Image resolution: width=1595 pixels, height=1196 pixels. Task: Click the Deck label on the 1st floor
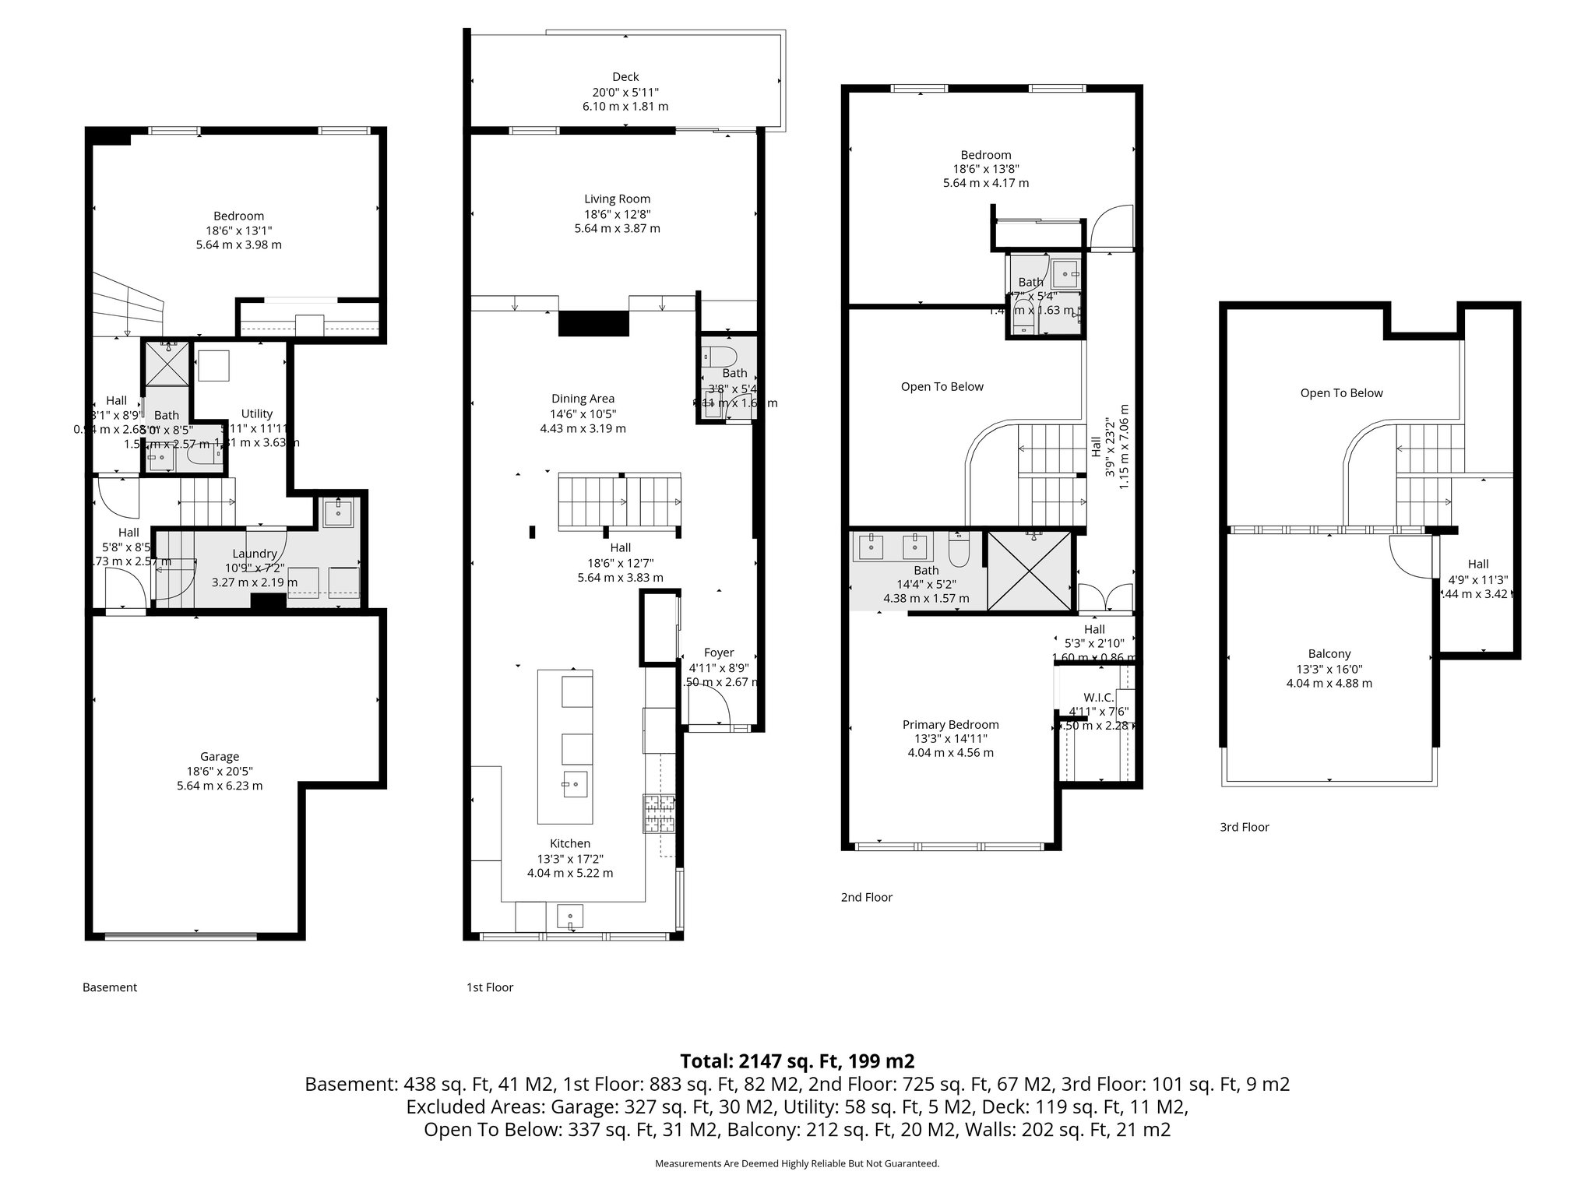click(625, 76)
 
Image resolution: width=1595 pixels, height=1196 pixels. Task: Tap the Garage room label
click(220, 756)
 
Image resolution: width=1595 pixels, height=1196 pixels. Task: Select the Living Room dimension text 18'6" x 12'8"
click(618, 214)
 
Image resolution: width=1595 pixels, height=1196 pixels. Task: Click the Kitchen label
click(570, 843)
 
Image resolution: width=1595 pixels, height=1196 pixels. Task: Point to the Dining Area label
click(583, 399)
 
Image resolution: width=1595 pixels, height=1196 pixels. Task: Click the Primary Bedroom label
click(950, 724)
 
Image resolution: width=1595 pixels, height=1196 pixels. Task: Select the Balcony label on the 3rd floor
click(1329, 654)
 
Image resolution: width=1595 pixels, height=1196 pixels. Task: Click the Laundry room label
click(255, 554)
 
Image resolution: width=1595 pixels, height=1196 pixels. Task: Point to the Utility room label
click(256, 413)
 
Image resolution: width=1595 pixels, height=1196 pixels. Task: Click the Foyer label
click(719, 653)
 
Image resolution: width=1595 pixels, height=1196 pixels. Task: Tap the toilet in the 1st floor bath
click(718, 357)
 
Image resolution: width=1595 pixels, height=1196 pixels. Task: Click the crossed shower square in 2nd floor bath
click(1030, 571)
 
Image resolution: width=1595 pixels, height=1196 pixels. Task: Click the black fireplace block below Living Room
click(593, 323)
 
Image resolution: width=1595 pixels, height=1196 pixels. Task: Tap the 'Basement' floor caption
click(110, 987)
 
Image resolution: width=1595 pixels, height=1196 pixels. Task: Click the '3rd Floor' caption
click(1244, 827)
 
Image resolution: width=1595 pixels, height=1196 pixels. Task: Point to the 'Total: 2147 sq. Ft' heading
click(797, 1061)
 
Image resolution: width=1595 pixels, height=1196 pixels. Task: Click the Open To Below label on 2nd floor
click(942, 386)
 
